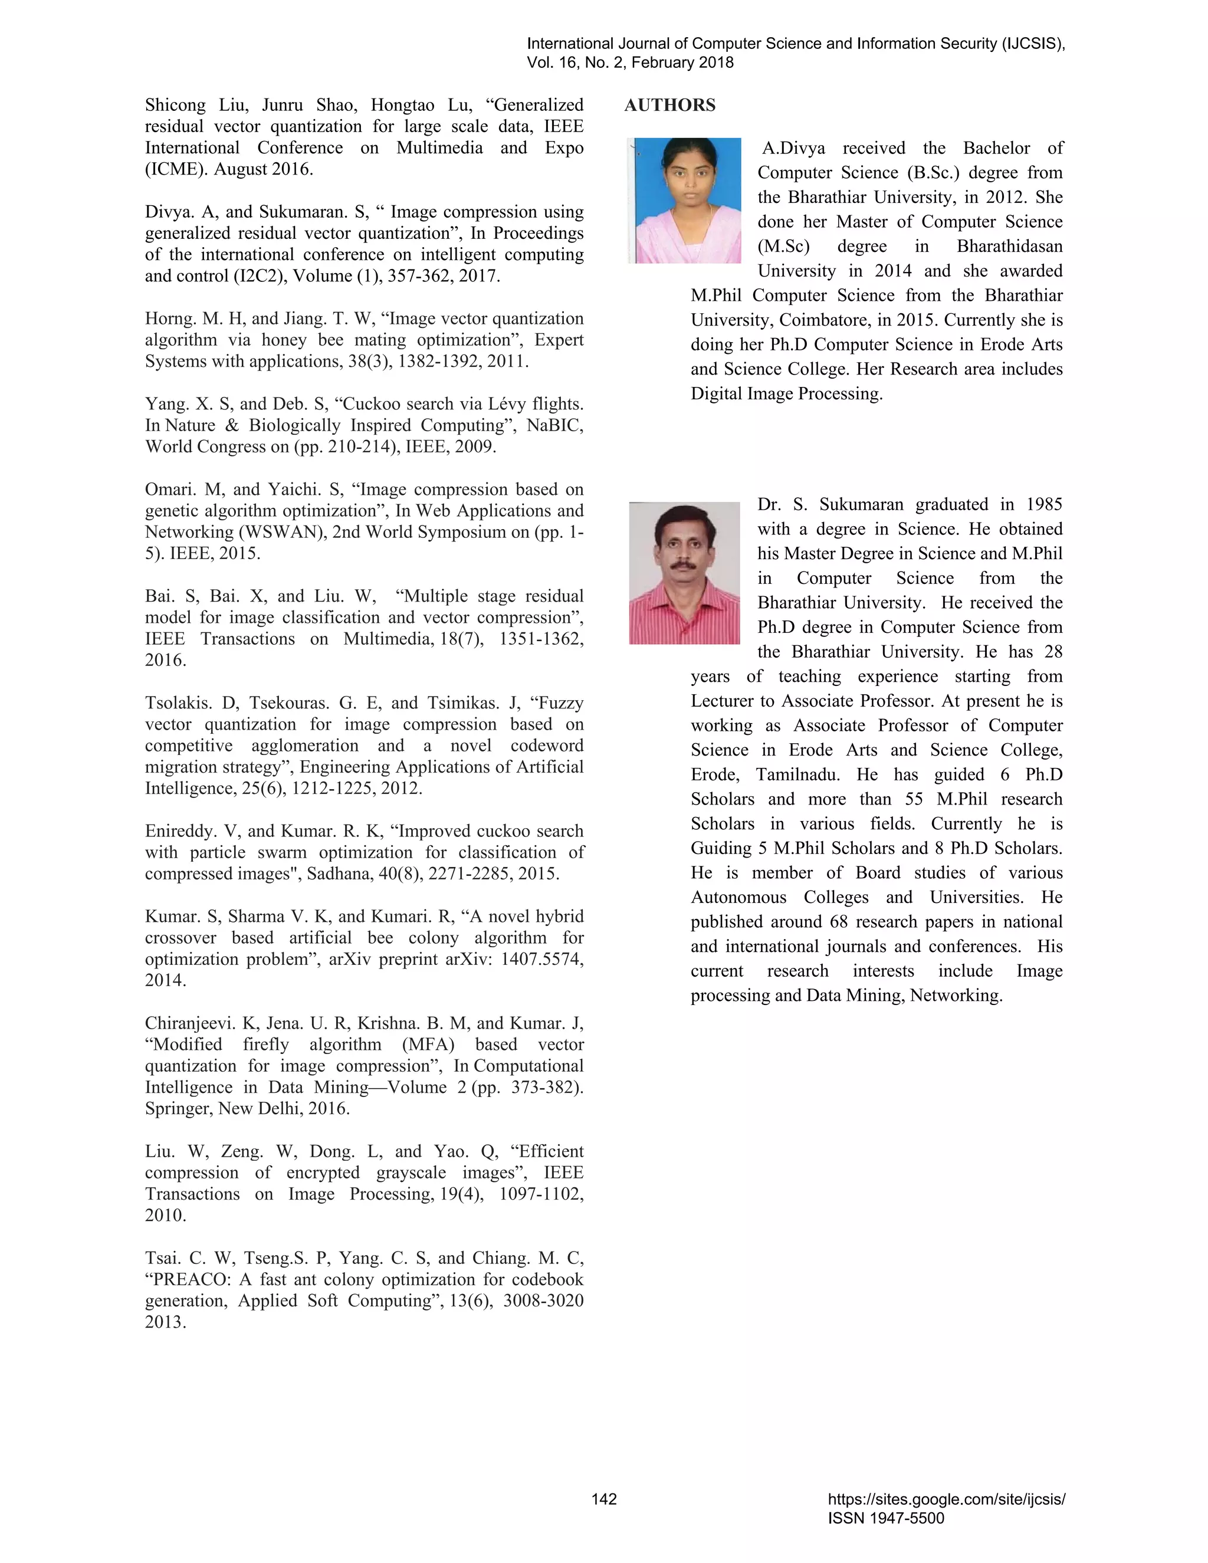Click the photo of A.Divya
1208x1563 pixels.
click(684, 201)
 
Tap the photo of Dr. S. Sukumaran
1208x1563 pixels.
click(684, 573)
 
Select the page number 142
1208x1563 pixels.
click(604, 1499)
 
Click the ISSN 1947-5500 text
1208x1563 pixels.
click(886, 1519)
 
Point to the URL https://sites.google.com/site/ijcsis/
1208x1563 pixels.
click(946, 1499)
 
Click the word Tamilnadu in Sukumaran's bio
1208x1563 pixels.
click(798, 775)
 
